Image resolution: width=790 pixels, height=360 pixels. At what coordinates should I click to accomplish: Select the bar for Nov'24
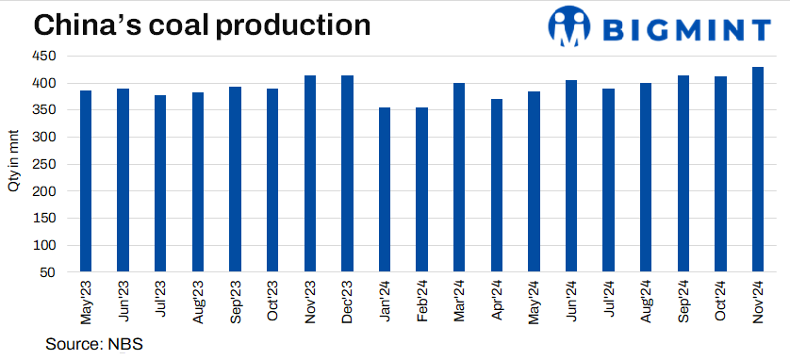coord(758,170)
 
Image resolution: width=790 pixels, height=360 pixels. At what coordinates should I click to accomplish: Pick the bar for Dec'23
coord(347,173)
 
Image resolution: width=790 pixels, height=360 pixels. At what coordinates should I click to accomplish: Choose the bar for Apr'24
coord(497,186)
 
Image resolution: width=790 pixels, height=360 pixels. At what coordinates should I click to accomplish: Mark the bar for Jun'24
coord(571,176)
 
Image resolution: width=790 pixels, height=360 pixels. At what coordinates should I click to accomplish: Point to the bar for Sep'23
coord(236,179)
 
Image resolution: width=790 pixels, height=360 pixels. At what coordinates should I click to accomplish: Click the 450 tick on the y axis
coord(56,57)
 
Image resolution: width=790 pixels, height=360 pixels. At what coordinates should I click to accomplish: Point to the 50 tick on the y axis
coord(59,272)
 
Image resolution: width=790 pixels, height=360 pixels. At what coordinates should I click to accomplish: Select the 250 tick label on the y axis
coord(56,164)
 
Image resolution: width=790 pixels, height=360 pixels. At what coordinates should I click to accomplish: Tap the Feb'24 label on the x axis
coord(422,301)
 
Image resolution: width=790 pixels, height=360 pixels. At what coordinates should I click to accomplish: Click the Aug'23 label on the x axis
coord(198,301)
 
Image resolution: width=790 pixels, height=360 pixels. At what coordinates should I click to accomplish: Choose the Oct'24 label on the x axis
coord(721,301)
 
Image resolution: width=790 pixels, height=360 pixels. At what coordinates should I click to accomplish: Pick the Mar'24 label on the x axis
coord(459,301)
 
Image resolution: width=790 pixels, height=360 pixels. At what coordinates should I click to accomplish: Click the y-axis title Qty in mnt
coord(14,164)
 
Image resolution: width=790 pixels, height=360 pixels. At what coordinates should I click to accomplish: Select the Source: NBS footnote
coord(93,344)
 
